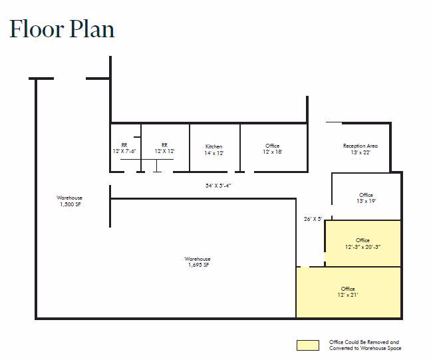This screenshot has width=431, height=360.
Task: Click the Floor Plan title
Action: pyautogui.click(x=62, y=29)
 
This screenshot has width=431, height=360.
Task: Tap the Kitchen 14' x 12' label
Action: pyautogui.click(x=214, y=150)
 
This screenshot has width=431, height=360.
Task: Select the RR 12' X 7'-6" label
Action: pyautogui.click(x=124, y=148)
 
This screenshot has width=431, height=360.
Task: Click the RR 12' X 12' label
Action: pyautogui.click(x=164, y=148)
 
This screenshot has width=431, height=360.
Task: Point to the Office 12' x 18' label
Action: pyautogui.click(x=272, y=149)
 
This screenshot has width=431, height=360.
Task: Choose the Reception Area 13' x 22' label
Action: pyautogui.click(x=356, y=149)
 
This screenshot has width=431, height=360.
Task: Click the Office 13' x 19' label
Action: pyautogui.click(x=366, y=198)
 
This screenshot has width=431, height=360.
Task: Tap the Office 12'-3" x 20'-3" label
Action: pyautogui.click(x=362, y=244)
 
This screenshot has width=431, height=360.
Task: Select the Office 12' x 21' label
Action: pyautogui.click(x=348, y=291)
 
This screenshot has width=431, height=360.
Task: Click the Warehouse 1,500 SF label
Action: pyautogui.click(x=69, y=201)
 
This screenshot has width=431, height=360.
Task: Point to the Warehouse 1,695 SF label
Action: pyautogui.click(x=198, y=262)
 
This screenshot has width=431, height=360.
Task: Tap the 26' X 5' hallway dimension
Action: pyautogui.click(x=313, y=218)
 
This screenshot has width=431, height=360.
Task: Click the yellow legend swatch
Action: pyautogui.click(x=307, y=345)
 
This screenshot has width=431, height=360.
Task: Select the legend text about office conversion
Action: pyautogui.click(x=365, y=345)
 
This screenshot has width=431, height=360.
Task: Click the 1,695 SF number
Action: pyautogui.click(x=198, y=265)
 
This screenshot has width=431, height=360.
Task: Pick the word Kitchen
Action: pyautogui.click(x=214, y=146)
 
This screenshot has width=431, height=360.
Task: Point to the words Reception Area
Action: pyautogui.click(x=356, y=146)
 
